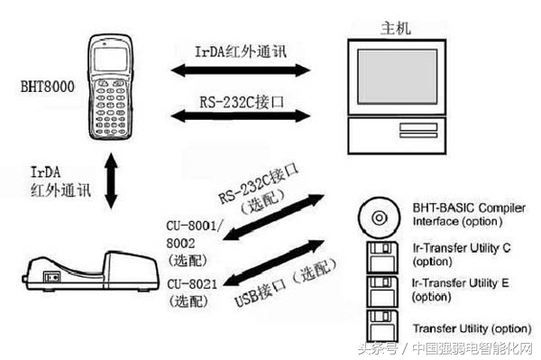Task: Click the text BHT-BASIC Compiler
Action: (x=468, y=208)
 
